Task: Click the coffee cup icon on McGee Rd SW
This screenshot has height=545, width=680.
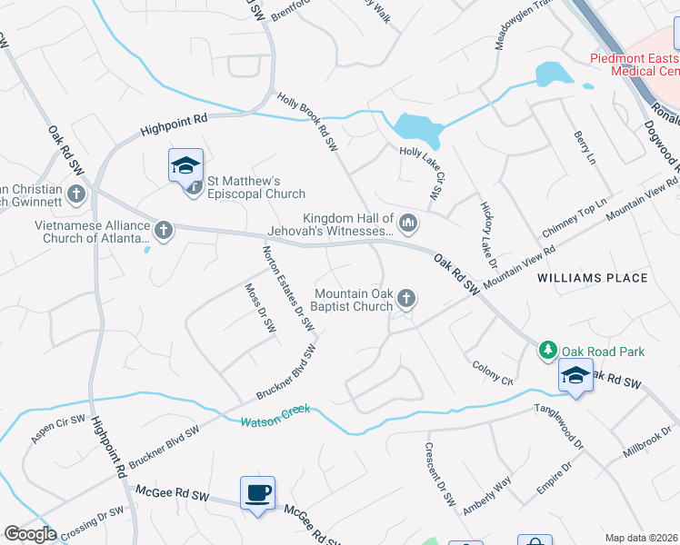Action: coord(257,493)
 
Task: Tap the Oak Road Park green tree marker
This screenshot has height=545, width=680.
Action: coord(548,350)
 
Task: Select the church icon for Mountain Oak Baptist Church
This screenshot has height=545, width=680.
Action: coord(407,297)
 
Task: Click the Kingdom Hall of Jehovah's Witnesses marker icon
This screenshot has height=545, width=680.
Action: coord(408,222)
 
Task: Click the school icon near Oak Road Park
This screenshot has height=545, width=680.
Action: coord(575,375)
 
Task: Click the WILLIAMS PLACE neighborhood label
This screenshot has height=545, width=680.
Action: coord(592,278)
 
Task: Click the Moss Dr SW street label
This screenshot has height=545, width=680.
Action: coord(260,307)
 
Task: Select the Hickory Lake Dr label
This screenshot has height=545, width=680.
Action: coord(488,234)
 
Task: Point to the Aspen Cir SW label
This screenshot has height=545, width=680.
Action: coord(58,429)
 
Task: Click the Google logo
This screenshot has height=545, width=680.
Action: coord(30,534)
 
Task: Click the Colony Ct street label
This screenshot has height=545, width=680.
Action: coord(493,372)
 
